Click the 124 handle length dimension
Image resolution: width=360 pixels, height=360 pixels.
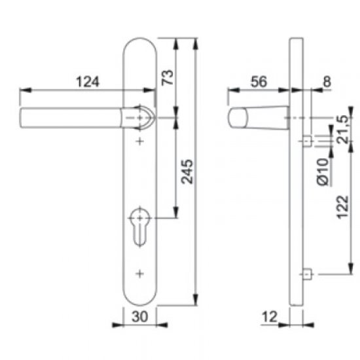coord(87,82)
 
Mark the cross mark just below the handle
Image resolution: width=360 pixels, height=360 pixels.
coord(139,141)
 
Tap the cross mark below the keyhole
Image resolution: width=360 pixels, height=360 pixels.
coord(139,272)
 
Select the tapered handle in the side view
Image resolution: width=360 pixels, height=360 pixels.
coord(259,118)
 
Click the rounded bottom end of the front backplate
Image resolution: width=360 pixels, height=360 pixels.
coord(139,298)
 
